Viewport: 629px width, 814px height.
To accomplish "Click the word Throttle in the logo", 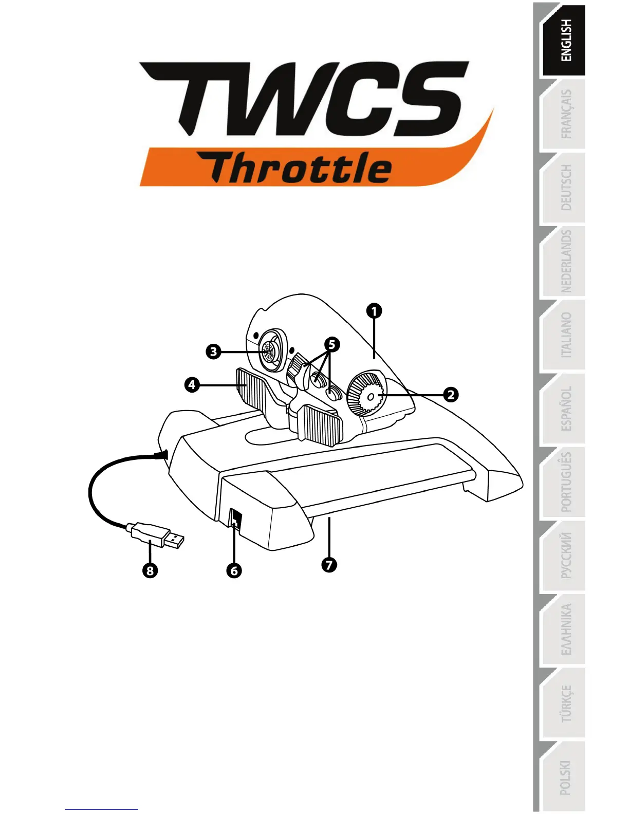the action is (x=301, y=168).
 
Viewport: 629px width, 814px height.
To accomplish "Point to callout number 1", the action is (x=374, y=311).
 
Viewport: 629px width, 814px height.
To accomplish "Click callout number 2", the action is (x=451, y=395).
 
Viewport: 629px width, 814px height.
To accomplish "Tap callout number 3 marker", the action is (x=213, y=352).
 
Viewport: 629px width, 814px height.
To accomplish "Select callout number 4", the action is (x=192, y=384).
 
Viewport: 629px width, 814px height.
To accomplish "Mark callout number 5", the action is (x=332, y=344).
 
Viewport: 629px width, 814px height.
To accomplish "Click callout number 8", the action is (x=150, y=570).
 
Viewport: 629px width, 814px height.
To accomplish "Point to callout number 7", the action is (x=329, y=564).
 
